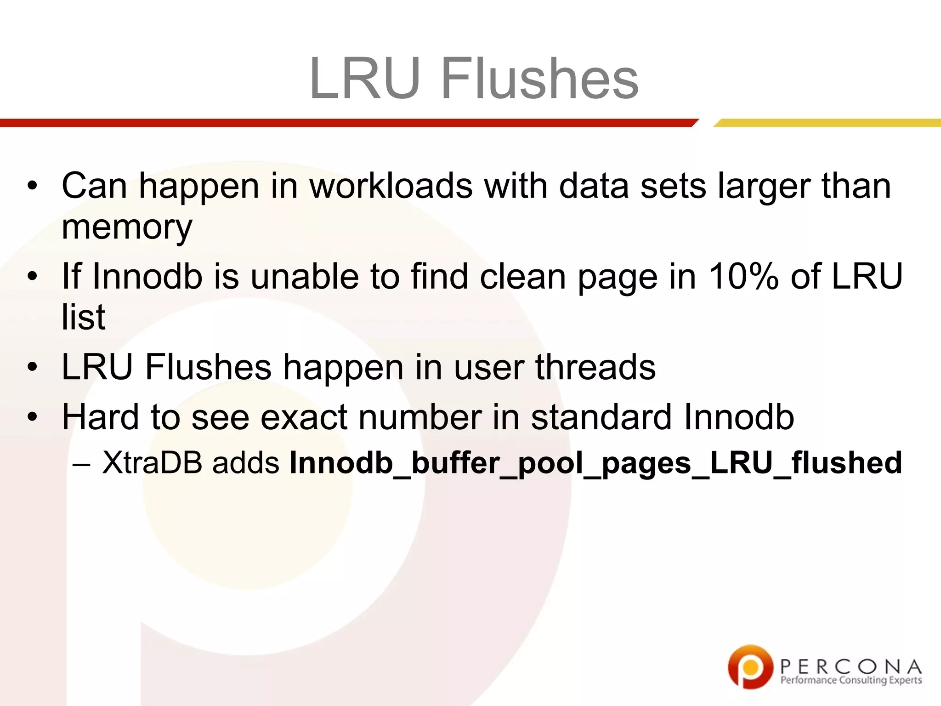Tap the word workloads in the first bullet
391,186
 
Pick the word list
83,317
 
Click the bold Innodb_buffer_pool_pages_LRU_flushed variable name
595,463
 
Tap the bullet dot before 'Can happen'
32,187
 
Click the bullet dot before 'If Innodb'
32,277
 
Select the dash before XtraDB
81,463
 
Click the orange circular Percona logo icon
750,666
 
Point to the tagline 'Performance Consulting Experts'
851,680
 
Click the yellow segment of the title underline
827,123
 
